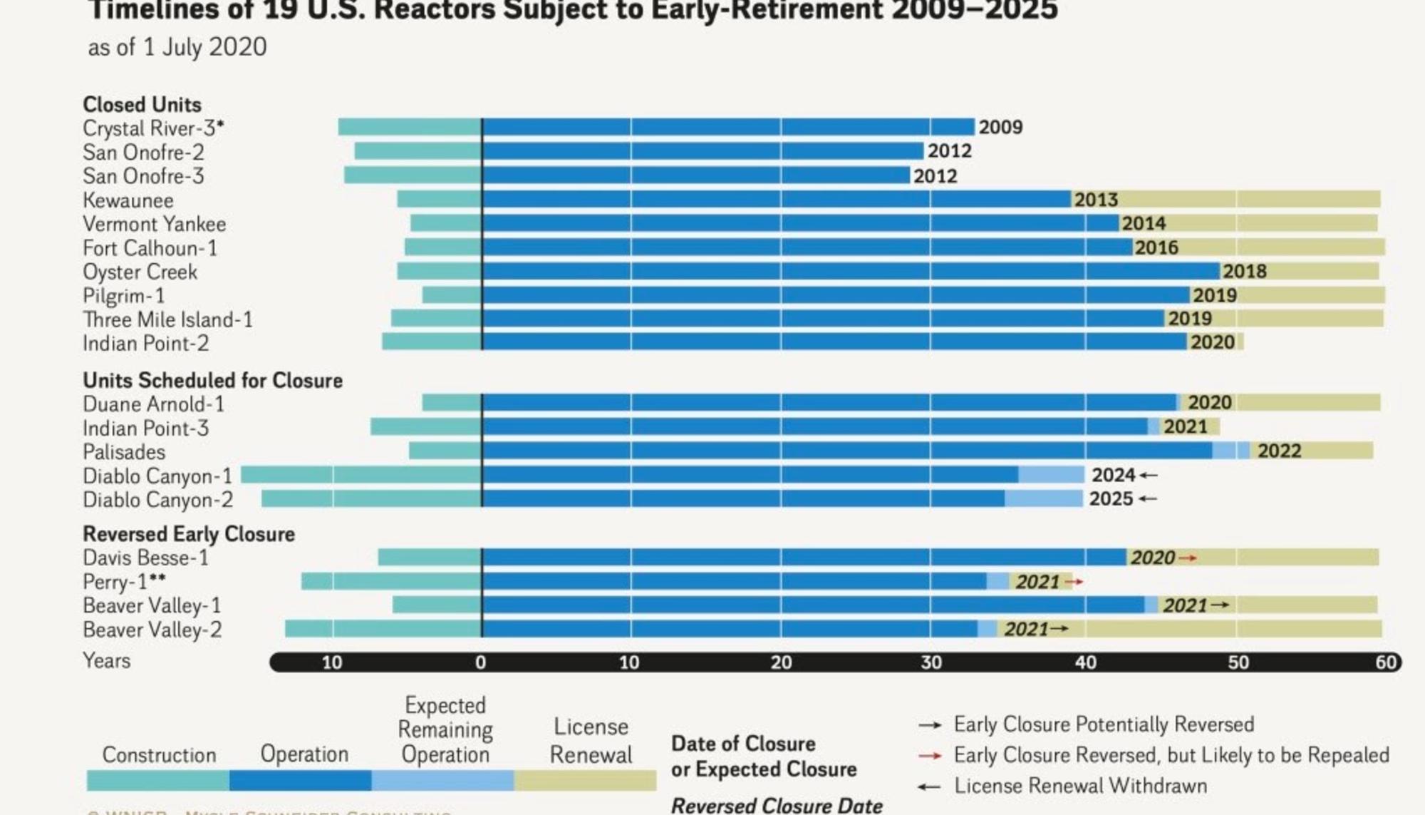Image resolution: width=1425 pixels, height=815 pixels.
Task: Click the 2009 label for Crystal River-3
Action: (1000, 127)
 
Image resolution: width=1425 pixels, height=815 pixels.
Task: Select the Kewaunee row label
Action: (128, 200)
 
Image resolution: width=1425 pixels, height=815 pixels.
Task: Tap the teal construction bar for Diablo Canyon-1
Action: (361, 475)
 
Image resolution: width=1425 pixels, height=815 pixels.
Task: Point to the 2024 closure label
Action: (1113, 475)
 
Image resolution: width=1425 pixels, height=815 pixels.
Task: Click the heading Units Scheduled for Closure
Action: (212, 381)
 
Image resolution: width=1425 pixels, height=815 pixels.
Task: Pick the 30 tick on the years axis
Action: (931, 662)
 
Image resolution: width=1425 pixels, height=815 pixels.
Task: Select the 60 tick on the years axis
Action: (1385, 662)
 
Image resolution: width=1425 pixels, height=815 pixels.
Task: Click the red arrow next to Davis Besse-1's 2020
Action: (1187, 558)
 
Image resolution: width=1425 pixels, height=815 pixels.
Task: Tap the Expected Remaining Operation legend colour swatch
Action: (442, 781)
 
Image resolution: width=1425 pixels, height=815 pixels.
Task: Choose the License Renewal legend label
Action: (591, 740)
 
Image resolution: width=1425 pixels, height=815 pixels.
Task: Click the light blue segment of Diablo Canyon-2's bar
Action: (1043, 499)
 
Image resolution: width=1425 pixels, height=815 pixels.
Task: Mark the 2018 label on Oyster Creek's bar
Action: (1244, 271)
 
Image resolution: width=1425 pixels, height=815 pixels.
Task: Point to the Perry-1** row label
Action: (125, 582)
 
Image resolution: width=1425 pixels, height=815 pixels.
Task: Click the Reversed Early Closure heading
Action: (189, 534)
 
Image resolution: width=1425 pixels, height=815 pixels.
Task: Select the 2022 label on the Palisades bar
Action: (1279, 451)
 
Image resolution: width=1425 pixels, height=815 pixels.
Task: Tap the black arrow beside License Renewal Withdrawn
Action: (929, 787)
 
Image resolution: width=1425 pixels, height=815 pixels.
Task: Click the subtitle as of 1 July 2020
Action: (177, 47)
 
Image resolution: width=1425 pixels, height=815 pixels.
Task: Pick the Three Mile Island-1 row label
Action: (167, 319)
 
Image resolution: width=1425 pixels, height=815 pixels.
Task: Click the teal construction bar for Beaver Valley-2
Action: (383, 629)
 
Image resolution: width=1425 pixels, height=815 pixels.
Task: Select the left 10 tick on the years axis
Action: (332, 662)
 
